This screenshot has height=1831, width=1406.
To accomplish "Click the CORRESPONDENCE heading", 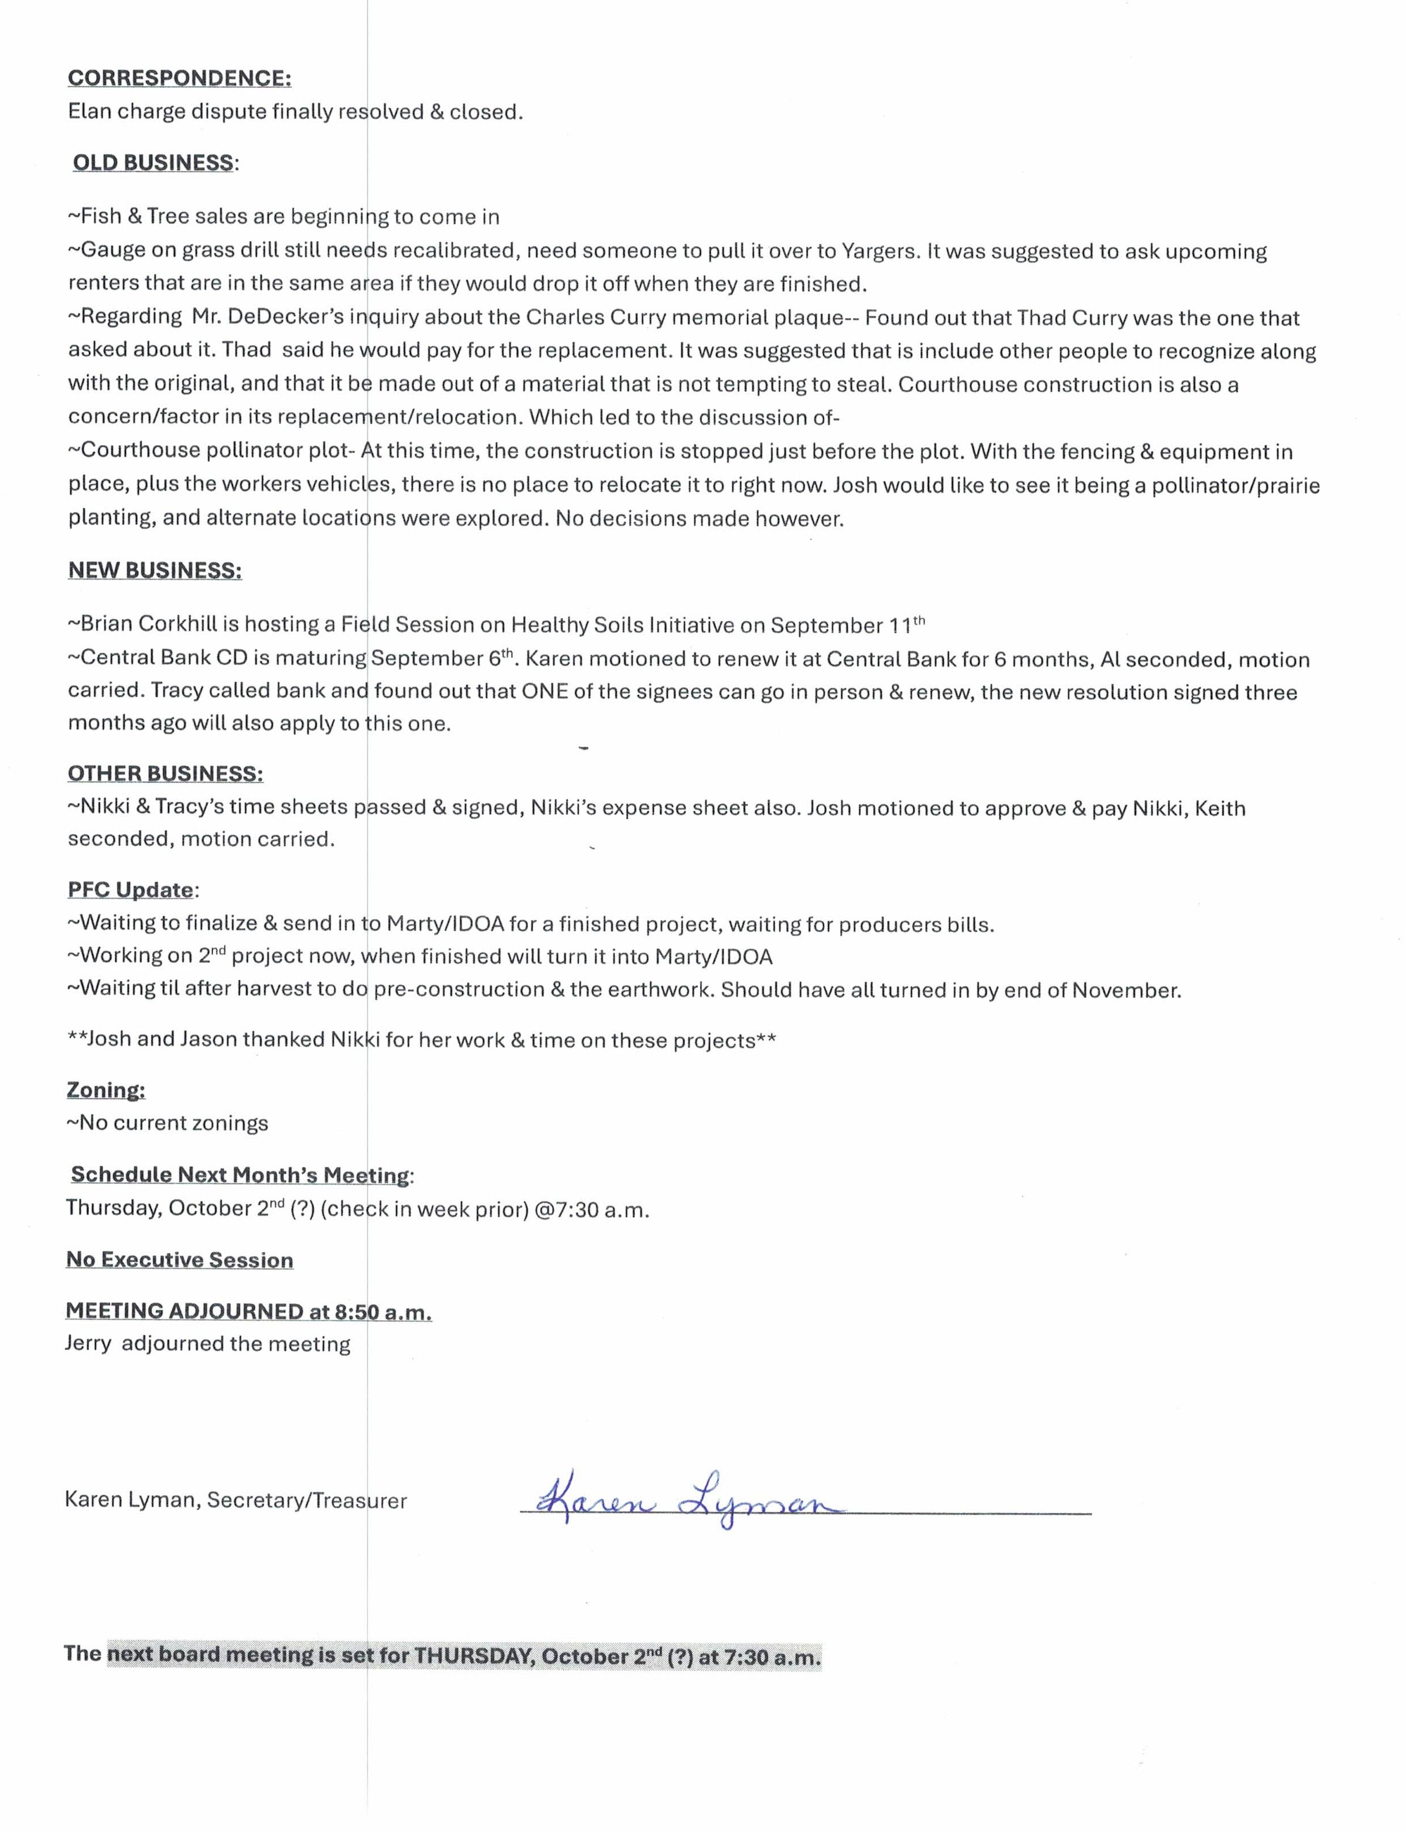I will [179, 78].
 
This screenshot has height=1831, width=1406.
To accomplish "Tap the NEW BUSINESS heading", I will [155, 571].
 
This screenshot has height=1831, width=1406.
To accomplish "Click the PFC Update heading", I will [131, 890].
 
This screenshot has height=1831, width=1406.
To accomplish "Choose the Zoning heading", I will [105, 1091].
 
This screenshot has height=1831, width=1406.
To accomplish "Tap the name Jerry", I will [88, 1344].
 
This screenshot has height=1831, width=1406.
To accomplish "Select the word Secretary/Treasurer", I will [306, 1501].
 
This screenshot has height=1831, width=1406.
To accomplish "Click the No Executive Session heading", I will [179, 1260].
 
